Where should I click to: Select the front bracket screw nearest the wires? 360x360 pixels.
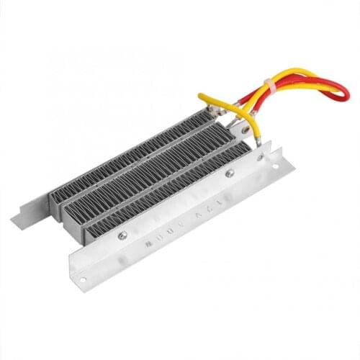(x=230, y=174)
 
